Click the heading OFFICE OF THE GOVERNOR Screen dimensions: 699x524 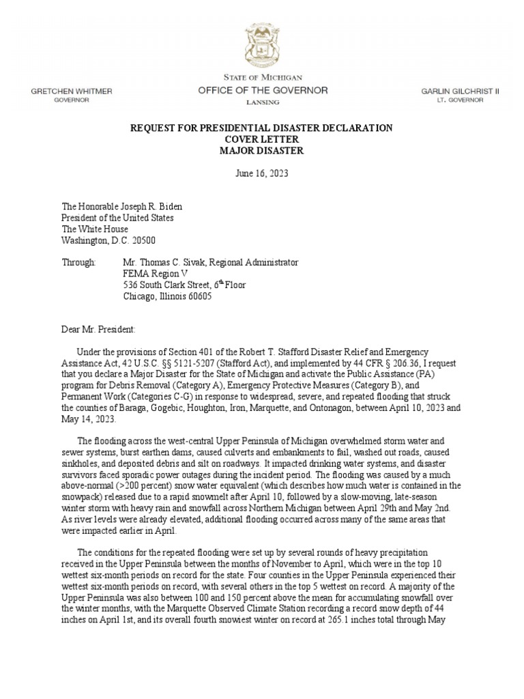pyautogui.click(x=263, y=90)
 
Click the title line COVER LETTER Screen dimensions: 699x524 pyautogui.click(x=262, y=139)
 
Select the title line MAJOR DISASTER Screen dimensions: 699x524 pyautogui.click(x=262, y=150)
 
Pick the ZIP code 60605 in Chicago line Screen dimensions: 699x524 pyautogui.click(x=198, y=296)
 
